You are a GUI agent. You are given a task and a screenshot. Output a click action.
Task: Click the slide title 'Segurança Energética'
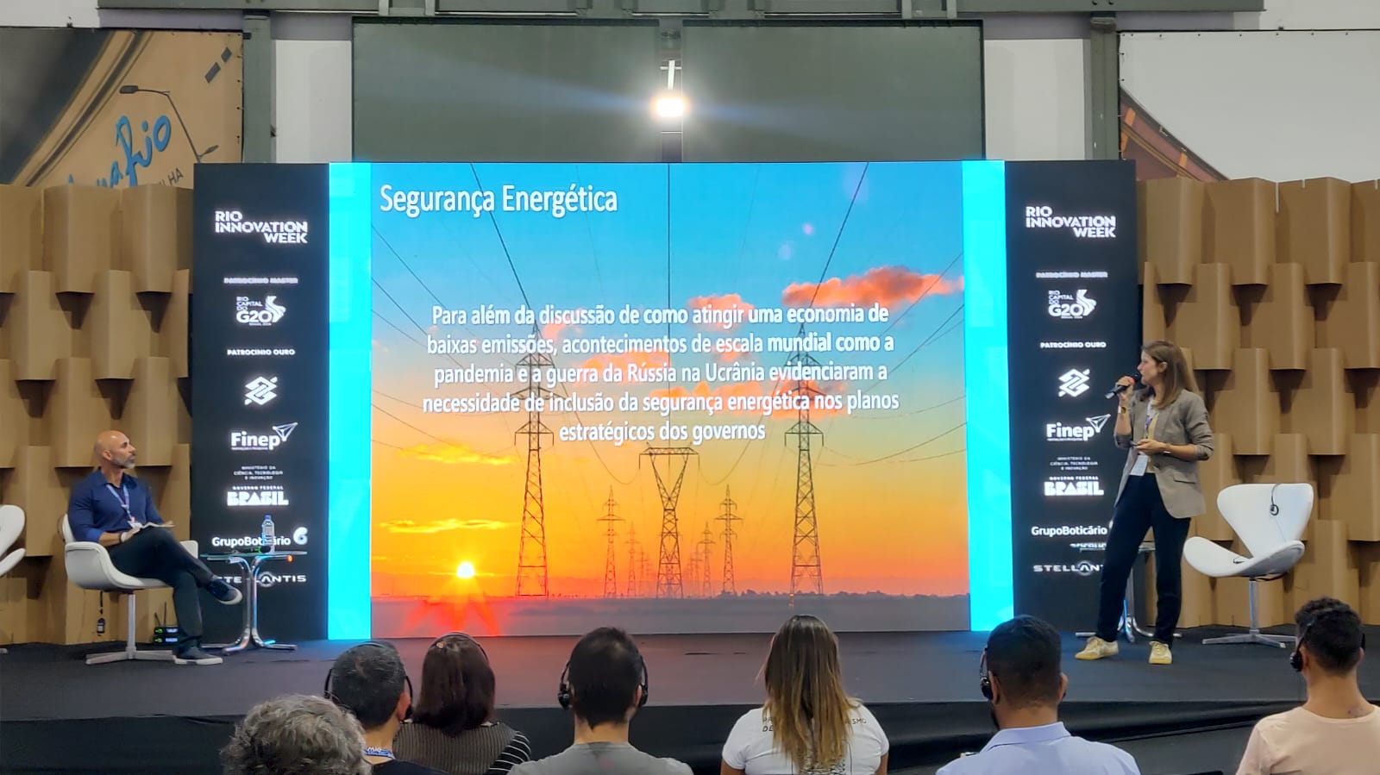[499, 199]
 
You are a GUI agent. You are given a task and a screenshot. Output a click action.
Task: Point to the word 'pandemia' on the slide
[473, 374]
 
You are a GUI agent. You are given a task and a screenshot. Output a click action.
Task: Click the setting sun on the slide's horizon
[465, 570]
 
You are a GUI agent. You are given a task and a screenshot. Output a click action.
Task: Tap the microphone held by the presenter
[1122, 385]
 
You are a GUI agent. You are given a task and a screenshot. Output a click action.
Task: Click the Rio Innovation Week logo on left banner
[260, 227]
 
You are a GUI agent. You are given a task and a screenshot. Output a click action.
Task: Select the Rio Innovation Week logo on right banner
[1069, 222]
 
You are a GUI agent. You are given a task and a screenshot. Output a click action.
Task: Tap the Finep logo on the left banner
[262, 437]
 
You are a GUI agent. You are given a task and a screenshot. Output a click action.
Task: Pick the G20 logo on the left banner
[260, 309]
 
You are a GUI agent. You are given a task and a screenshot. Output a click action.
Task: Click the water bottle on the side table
[268, 534]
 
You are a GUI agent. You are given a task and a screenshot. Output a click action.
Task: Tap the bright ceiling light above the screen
[669, 105]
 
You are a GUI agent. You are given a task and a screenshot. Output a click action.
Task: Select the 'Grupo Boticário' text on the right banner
[1068, 530]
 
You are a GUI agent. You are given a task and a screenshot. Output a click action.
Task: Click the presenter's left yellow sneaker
[1096, 647]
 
